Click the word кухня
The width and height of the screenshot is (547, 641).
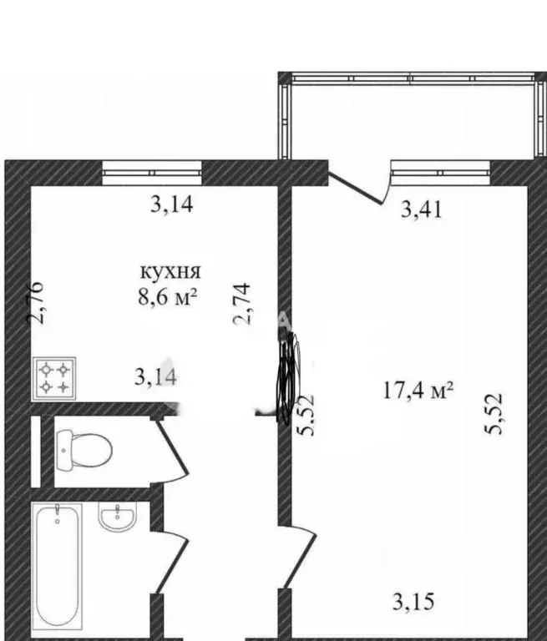(170, 272)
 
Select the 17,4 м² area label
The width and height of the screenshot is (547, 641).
(418, 390)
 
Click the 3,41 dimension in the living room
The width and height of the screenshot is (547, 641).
(422, 210)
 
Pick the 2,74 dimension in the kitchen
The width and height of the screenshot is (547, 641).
(241, 303)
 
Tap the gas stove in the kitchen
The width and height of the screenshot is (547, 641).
(54, 378)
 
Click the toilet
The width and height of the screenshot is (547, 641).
(84, 450)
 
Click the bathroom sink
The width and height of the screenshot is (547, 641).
(117, 517)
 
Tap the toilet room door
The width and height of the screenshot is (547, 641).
(172, 451)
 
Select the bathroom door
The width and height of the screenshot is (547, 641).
(172, 561)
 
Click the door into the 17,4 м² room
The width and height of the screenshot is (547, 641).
(298, 557)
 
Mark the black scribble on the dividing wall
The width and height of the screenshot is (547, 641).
(289, 377)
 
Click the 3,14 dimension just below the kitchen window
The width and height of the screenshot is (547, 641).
(171, 204)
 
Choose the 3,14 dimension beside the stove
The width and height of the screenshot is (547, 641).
(156, 377)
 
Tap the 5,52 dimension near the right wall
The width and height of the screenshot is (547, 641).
(493, 414)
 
